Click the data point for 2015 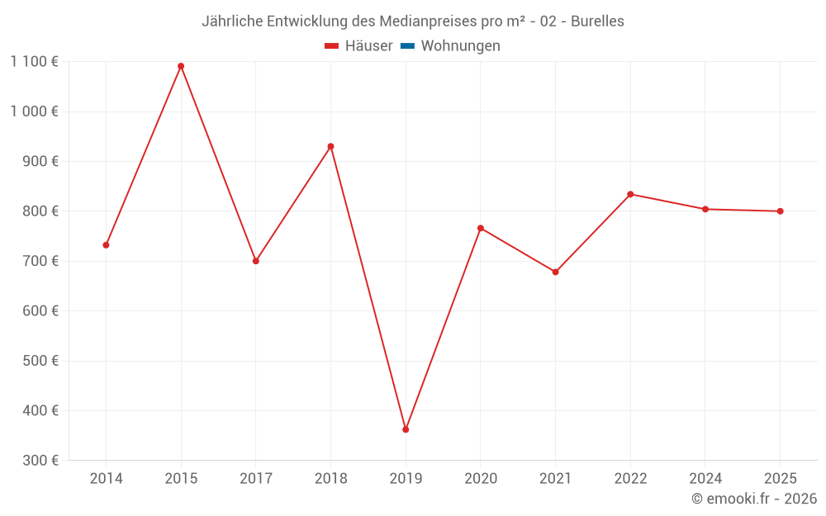[181, 66]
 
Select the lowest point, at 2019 [406, 429]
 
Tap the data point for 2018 [330, 146]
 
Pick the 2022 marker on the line [630, 194]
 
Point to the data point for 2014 [106, 245]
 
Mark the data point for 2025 [780, 211]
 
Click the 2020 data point [481, 228]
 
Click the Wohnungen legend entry [460, 46]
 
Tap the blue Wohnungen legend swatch [407, 46]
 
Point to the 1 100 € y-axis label [34, 61]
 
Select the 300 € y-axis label [39, 461]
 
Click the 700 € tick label [39, 261]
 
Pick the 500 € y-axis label [39, 361]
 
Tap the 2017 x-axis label [256, 479]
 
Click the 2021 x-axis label [555, 479]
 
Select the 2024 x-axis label [705, 479]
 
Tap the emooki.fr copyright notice [754, 499]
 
